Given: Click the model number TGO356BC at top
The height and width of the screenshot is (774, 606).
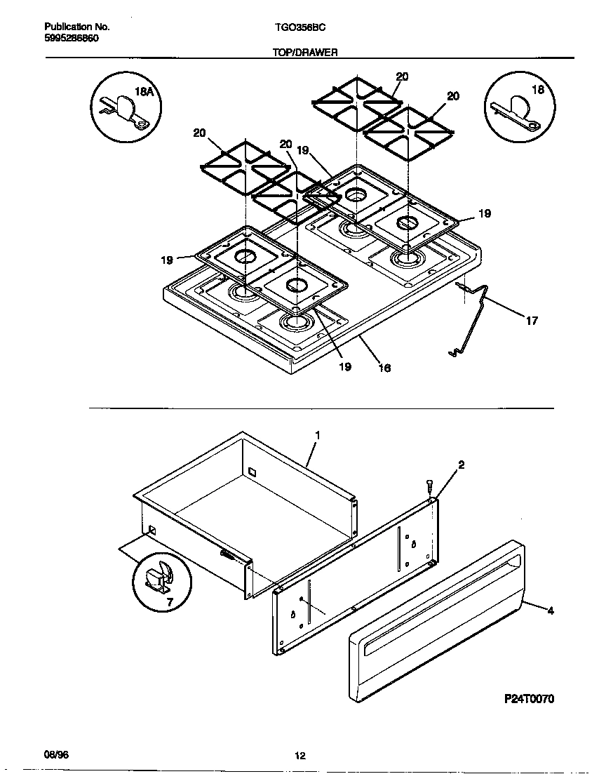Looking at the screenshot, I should tap(299, 27).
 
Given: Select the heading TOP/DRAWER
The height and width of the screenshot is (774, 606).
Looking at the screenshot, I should tap(305, 52).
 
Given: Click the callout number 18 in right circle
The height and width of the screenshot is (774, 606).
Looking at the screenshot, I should tap(537, 90).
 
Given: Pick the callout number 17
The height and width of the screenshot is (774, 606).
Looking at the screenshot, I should tap(532, 321).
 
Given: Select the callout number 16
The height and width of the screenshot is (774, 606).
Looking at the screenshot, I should tap(384, 367).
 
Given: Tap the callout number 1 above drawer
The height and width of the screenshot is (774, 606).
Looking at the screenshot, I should tap(317, 436).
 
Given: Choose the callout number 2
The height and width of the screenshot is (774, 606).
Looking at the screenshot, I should tap(461, 465).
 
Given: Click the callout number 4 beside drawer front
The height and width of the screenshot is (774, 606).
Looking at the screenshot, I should tap(550, 611).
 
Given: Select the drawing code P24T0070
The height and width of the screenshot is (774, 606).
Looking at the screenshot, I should tap(529, 699).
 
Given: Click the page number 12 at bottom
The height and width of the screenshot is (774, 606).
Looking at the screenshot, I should tap(300, 756).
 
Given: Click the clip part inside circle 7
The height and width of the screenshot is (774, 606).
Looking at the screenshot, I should tap(157, 577).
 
